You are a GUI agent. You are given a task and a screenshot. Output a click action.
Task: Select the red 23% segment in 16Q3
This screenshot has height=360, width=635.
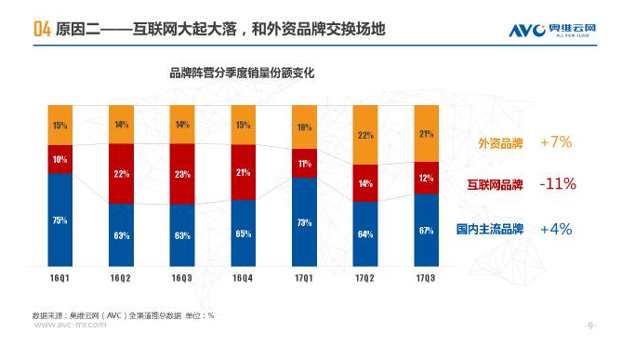tap(182, 174)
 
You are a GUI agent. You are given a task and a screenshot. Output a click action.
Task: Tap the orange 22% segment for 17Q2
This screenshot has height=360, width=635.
tap(365, 135)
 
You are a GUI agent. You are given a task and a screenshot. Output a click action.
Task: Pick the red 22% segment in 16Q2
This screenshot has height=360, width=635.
tap(121, 173)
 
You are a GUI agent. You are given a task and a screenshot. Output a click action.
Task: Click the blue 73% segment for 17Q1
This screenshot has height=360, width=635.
tap(304, 222)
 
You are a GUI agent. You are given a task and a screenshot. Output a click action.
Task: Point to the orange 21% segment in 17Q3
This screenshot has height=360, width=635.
tap(427, 133)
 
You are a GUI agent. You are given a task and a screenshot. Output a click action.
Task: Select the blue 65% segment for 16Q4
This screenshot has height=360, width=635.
tap(243, 233)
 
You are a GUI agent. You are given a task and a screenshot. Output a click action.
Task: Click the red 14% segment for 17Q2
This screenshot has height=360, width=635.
tap(365, 183)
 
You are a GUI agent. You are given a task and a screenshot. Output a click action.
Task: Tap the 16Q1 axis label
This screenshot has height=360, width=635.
tap(60, 278)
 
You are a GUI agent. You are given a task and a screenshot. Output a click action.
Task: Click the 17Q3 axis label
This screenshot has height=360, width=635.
tap(427, 278)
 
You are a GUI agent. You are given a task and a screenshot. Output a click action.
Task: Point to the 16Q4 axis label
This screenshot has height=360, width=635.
tap(243, 278)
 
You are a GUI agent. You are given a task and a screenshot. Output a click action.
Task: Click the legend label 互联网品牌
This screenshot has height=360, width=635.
tap(495, 184)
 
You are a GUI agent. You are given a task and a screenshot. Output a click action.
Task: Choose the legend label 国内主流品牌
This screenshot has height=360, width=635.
tap(489, 229)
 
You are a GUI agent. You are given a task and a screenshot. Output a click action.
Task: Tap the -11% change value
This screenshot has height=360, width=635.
tap(558, 184)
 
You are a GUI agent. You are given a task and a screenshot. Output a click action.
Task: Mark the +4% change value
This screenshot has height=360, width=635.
tap(555, 229)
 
